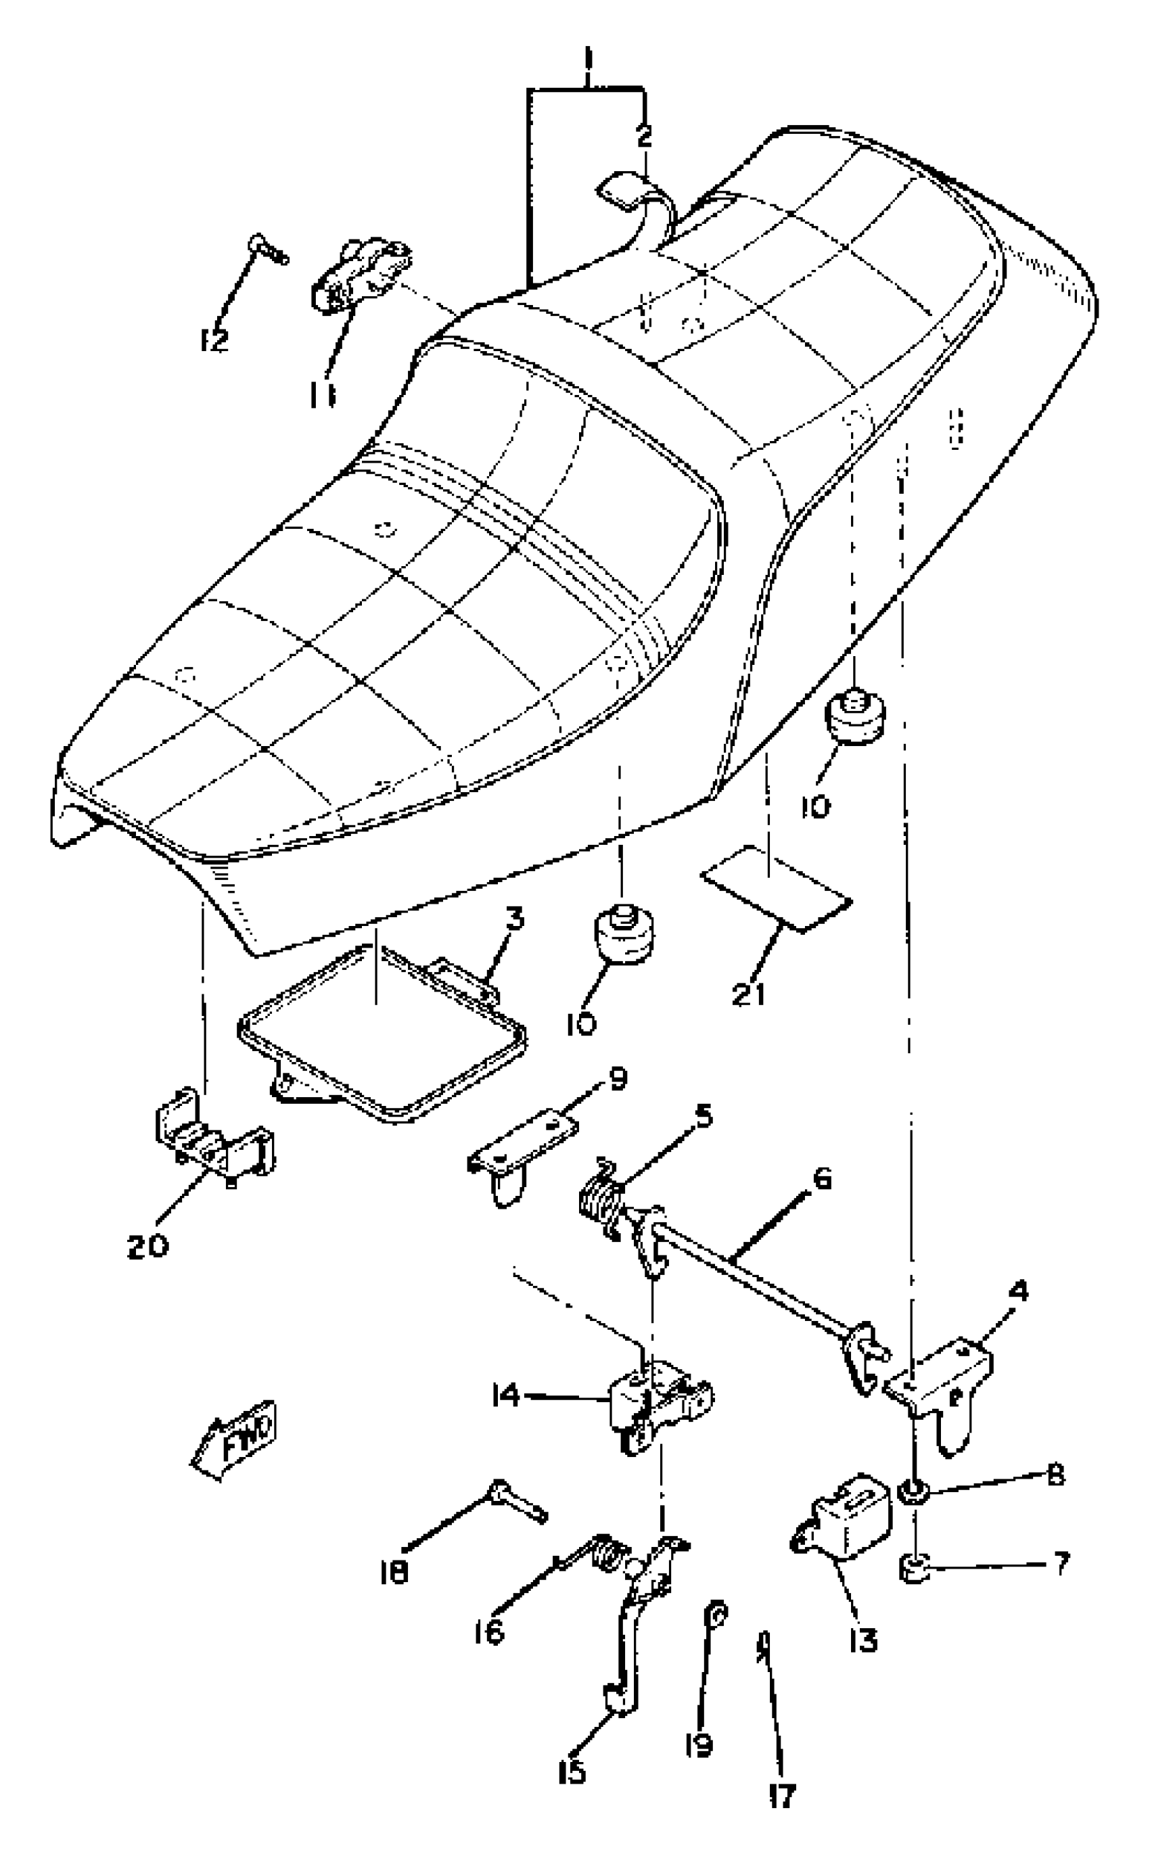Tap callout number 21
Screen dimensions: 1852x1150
(x=748, y=994)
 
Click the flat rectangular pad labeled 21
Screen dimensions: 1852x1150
(x=776, y=889)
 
